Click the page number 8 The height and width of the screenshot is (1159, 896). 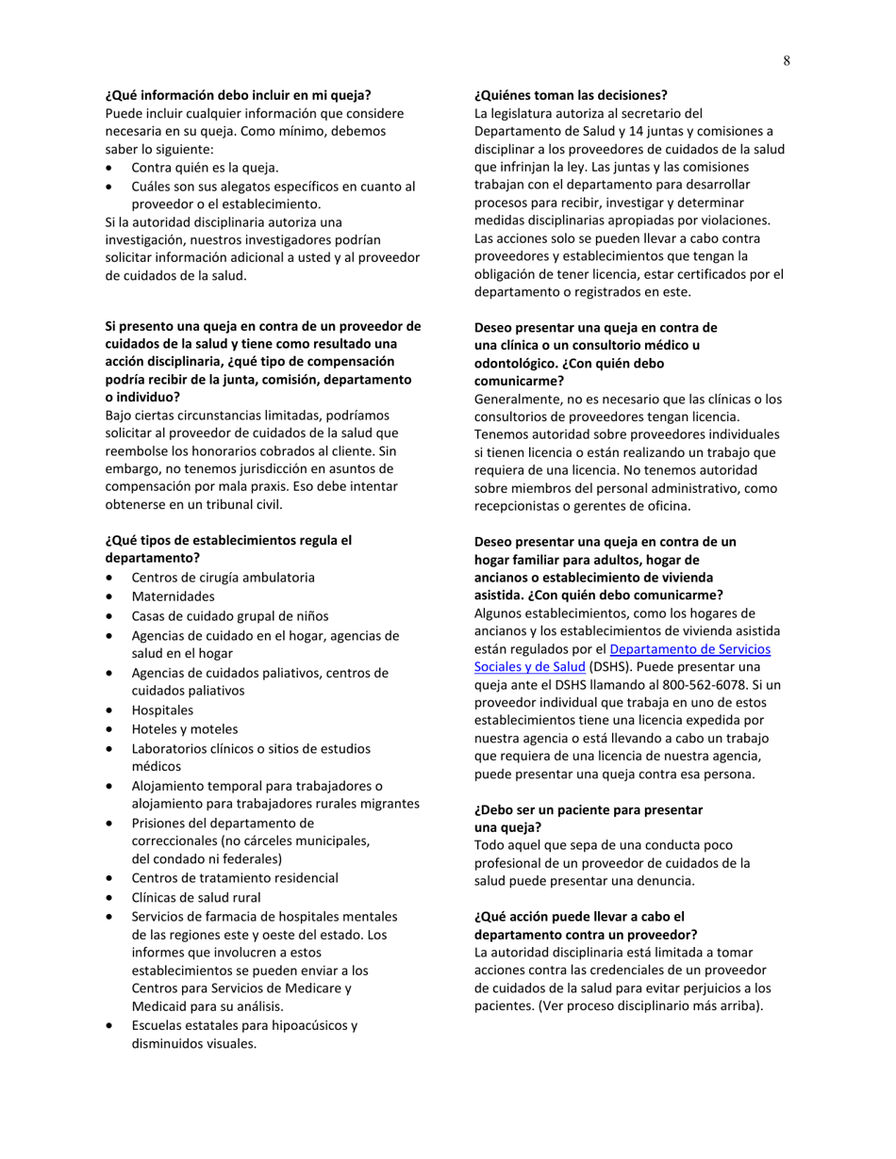[x=787, y=61]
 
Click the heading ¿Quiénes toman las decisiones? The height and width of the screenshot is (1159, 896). [x=571, y=95]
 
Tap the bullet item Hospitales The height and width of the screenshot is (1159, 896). [x=162, y=710]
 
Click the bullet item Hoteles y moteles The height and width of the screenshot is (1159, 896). [x=185, y=729]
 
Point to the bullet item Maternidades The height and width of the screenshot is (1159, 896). [x=173, y=596]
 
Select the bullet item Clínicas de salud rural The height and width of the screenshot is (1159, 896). [x=196, y=898]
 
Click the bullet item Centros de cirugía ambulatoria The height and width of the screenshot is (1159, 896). [x=223, y=578]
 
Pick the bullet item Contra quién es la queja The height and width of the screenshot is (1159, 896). [x=205, y=168]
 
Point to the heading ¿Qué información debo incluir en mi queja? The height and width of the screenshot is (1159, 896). [x=238, y=95]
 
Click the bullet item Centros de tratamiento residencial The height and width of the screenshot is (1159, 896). [x=235, y=878]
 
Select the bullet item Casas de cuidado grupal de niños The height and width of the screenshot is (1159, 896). [x=230, y=616]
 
